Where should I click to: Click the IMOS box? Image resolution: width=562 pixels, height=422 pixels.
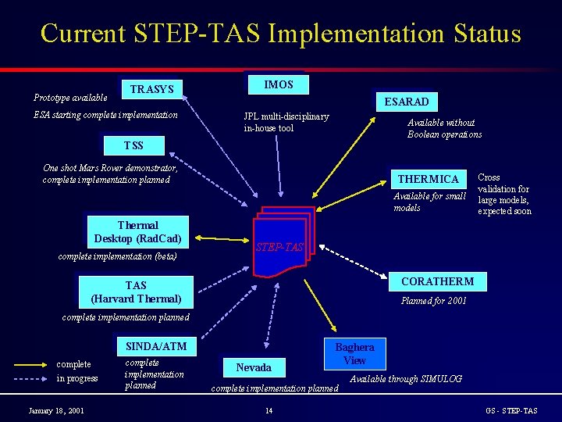tap(279, 84)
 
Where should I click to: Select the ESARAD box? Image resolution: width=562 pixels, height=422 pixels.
tap(406, 102)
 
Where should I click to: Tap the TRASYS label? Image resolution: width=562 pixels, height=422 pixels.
tap(151, 90)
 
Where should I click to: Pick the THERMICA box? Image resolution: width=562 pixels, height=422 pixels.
tap(429, 179)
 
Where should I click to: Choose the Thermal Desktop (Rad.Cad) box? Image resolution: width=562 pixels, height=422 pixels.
tap(137, 232)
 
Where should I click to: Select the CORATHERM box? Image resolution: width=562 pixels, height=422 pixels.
tap(437, 281)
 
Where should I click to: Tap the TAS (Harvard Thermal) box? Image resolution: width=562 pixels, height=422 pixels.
tap(136, 291)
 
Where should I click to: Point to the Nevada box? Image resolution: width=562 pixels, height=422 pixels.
tap(254, 367)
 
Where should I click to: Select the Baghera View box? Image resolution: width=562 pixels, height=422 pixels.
tap(354, 354)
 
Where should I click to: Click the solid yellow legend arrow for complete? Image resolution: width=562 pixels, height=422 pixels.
tap(29, 364)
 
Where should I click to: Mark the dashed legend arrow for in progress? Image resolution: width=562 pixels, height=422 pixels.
tap(29, 379)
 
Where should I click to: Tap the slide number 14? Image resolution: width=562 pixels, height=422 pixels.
tap(269, 411)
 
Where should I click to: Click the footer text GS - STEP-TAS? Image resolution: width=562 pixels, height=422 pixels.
tap(510, 411)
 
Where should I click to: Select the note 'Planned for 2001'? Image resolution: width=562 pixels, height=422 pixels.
tap(433, 301)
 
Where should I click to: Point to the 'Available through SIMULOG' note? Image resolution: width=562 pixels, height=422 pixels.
tap(405, 379)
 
